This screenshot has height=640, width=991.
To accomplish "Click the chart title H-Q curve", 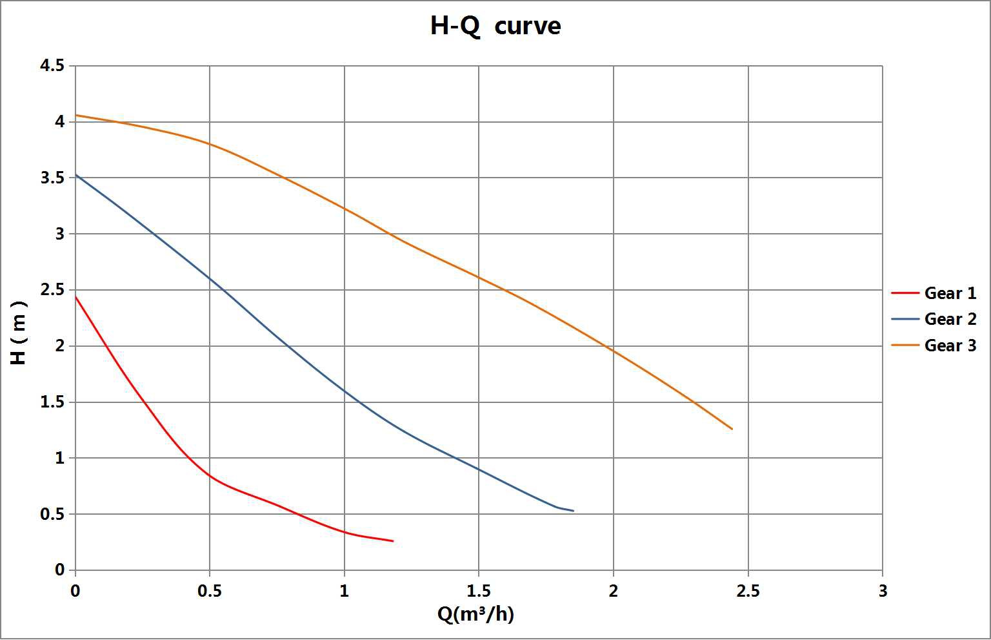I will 495,26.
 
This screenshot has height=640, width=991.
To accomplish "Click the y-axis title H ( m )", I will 19,333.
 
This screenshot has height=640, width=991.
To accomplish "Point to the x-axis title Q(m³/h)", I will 475,614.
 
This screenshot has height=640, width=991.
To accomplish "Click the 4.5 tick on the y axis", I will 52,66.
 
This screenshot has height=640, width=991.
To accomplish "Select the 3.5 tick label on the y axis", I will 52,178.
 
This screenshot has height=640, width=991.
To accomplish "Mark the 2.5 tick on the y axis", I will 52,290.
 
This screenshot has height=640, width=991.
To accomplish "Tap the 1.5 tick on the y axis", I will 52,402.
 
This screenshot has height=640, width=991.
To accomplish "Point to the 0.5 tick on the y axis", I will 52,515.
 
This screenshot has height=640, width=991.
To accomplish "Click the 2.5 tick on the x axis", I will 748,591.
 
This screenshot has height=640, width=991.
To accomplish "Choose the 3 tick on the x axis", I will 883,591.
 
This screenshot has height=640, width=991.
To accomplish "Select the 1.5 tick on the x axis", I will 478,591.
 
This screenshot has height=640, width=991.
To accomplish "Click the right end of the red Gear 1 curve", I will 393,541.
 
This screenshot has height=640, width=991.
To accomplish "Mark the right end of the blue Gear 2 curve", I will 573,511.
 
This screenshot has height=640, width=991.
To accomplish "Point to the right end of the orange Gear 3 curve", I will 732,429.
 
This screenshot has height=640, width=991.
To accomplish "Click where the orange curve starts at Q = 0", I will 76,115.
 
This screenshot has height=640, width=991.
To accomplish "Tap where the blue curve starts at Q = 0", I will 76,174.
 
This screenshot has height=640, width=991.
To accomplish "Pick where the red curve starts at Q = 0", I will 76,296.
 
